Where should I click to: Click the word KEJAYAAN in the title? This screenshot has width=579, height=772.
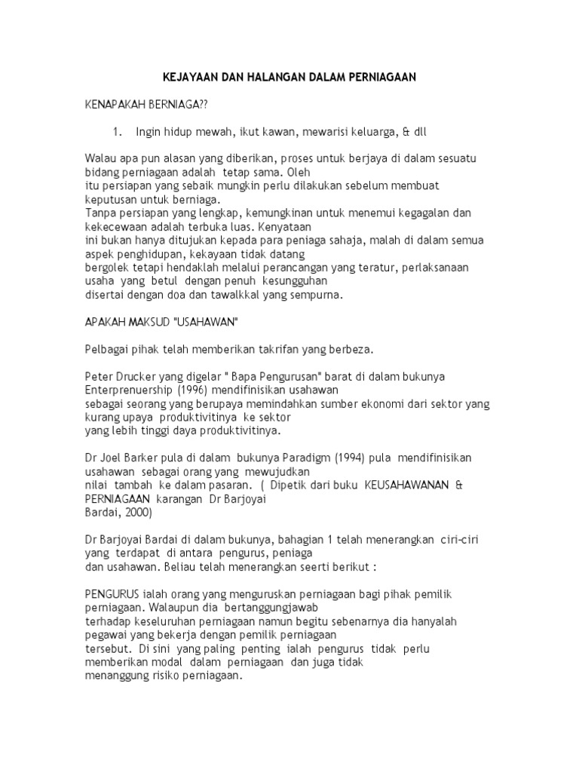point(189,78)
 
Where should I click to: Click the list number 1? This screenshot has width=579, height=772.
point(117,131)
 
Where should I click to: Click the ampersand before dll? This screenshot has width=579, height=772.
point(406,131)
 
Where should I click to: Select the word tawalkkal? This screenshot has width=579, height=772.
point(226,296)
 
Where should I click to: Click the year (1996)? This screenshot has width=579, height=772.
point(195,390)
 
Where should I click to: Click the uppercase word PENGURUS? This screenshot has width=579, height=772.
point(110,595)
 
